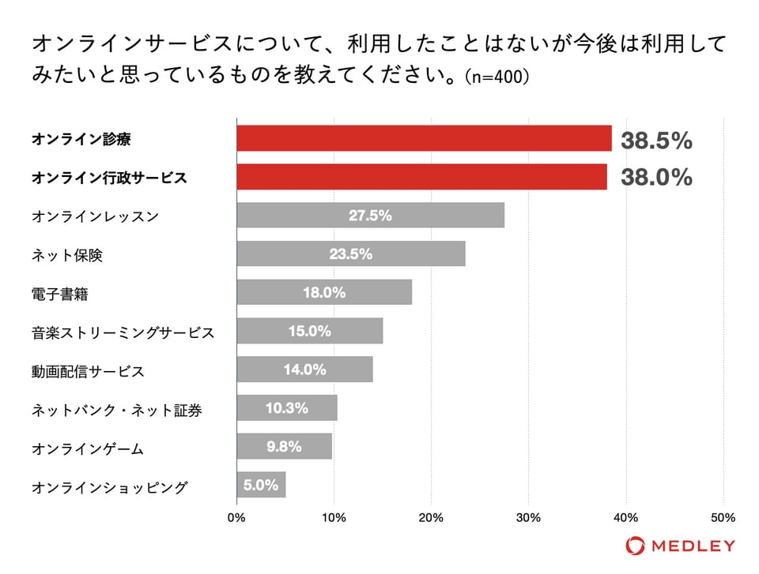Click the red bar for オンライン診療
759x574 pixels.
[424, 138]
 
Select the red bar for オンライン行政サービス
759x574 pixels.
[421, 177]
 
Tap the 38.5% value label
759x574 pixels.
[656, 141]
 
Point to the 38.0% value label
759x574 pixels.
[656, 178]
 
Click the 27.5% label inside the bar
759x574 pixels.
[370, 216]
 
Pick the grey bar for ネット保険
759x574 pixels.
[351, 254]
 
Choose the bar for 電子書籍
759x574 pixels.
[324, 292]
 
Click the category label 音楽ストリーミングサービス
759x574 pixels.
[123, 332]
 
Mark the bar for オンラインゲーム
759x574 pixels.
[284, 447]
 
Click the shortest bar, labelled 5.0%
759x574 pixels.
[261, 485]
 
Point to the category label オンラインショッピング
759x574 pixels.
[110, 487]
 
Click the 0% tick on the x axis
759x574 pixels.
[236, 518]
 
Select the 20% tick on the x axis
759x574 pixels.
[431, 518]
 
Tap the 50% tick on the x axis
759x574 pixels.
[723, 518]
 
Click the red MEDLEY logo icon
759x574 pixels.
[634, 546]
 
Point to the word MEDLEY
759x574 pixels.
[693, 546]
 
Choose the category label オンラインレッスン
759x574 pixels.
[94, 216]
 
